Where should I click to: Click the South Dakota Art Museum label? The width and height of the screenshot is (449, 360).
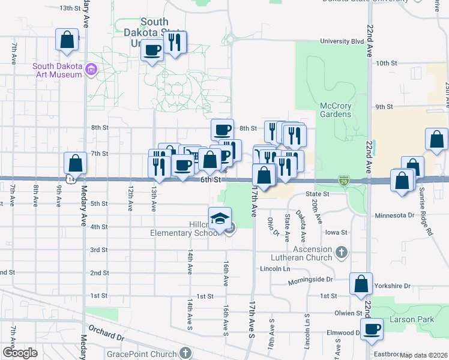(49, 70)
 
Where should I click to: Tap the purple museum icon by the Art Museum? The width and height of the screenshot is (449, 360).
(91, 70)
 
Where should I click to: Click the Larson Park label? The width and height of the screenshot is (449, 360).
(411, 320)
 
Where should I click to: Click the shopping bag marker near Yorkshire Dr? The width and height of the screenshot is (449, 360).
(361, 286)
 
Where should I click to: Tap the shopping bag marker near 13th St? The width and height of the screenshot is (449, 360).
(67, 40)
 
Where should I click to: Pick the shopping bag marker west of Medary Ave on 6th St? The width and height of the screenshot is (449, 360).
(76, 164)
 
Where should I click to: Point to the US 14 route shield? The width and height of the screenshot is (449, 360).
(71, 179)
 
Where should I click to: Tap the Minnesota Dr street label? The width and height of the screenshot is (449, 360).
(394, 215)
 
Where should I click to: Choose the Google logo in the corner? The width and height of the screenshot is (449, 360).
(20, 353)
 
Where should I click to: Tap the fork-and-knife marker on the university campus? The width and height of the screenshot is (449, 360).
(175, 43)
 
